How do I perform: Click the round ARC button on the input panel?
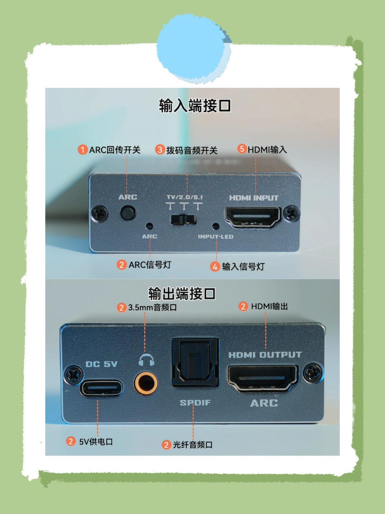click(128, 213)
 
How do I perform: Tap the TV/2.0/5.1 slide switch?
click(183, 220)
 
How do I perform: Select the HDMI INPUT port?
click(253, 218)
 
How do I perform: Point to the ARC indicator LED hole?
click(149, 226)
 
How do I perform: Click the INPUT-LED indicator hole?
click(215, 226)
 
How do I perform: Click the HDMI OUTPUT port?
click(263, 378)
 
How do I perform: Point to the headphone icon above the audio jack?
click(146, 360)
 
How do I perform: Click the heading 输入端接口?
click(195, 105)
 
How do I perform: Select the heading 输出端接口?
click(182, 293)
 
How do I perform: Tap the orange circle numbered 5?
click(242, 149)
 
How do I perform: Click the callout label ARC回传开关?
click(115, 150)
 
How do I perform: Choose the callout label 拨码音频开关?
click(192, 150)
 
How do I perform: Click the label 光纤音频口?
click(192, 445)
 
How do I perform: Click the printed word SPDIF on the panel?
click(195, 402)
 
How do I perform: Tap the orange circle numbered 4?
click(215, 267)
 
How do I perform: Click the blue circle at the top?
click(194, 49)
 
